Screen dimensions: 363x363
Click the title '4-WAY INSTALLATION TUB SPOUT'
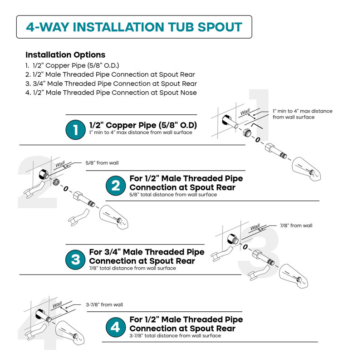tap(134, 27)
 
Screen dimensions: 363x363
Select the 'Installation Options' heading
tap(65, 55)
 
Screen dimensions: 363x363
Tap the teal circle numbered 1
tap(75, 130)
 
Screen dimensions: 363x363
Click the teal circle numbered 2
tap(116, 186)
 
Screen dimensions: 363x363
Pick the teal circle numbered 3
tap(75, 260)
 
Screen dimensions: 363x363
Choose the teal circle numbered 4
tap(116, 327)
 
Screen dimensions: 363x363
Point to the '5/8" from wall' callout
tap(102, 163)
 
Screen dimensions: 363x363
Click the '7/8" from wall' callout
tap(296, 226)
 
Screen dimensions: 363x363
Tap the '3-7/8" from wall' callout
tap(104, 304)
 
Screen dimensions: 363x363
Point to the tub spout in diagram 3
tap(294, 276)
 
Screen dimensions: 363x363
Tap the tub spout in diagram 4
tap(70, 333)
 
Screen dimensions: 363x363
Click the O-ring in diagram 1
tap(258, 140)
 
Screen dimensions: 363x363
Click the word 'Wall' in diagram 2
tap(60, 164)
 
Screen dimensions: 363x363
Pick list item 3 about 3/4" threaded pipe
tap(111, 83)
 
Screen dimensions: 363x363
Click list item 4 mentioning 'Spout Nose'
tap(111, 93)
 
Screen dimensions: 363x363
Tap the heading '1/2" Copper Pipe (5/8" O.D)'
tap(143, 125)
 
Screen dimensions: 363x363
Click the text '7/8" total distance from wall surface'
tap(132, 268)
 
